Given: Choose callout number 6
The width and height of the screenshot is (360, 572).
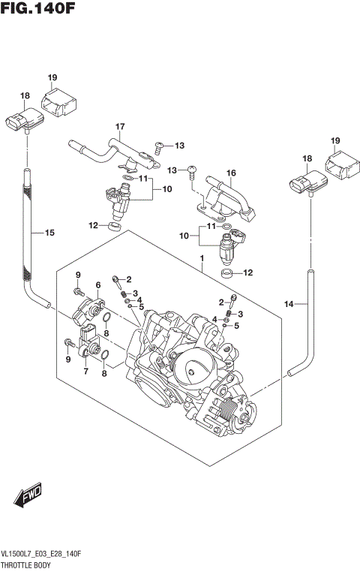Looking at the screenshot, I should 97,284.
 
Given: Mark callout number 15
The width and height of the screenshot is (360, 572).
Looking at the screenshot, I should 49,233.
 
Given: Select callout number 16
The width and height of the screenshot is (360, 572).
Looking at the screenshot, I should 232,173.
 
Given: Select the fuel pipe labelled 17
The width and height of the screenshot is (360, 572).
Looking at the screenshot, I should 105,148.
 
